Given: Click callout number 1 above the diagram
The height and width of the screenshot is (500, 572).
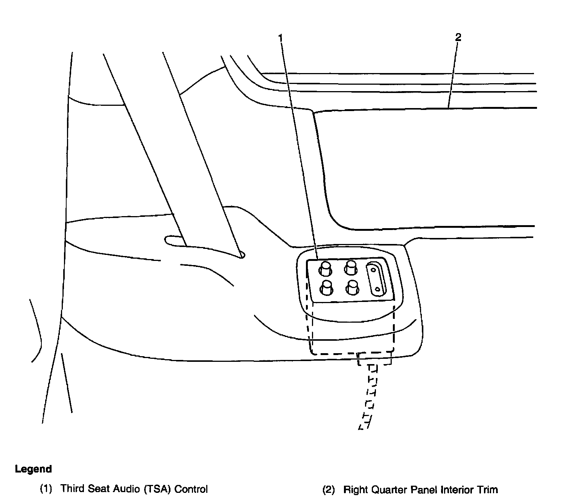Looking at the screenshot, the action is [280, 37].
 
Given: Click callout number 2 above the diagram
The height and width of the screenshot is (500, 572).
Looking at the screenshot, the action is [458, 37].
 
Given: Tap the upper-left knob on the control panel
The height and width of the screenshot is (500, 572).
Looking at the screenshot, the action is [326, 268].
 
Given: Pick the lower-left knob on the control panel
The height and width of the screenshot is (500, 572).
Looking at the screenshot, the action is [326, 288].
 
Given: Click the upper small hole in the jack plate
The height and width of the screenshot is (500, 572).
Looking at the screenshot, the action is [373, 270].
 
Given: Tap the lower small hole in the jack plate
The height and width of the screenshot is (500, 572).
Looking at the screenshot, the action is [377, 289].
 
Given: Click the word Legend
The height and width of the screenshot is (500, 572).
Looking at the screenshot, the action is [33, 469].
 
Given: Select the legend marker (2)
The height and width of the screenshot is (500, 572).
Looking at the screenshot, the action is [329, 490].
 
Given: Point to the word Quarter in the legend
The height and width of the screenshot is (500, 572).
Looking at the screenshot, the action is [389, 490].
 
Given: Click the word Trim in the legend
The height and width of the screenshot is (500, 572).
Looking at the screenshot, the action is [487, 490].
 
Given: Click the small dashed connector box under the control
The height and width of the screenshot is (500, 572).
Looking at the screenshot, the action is [374, 359].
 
